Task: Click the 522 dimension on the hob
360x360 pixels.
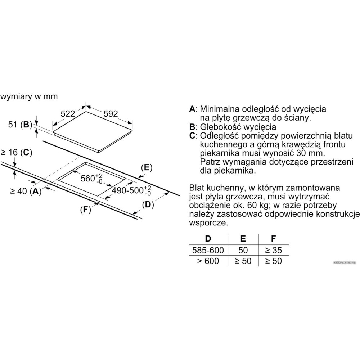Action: pos(67,114)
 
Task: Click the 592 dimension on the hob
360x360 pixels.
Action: pos(111,114)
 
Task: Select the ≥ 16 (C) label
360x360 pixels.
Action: pos(16,152)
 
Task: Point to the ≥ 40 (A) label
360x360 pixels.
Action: pos(24,192)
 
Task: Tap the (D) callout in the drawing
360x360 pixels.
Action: pos(148,205)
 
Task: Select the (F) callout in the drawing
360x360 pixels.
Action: pos(85,210)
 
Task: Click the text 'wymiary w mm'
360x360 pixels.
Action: pos(29,97)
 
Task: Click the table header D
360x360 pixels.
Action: pos(208,238)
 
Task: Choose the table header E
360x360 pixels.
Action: pos(243,238)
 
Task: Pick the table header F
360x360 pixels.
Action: pos(273,238)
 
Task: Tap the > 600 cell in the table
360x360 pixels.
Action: pos(208,261)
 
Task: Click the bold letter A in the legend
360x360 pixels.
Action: pos(192,109)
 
